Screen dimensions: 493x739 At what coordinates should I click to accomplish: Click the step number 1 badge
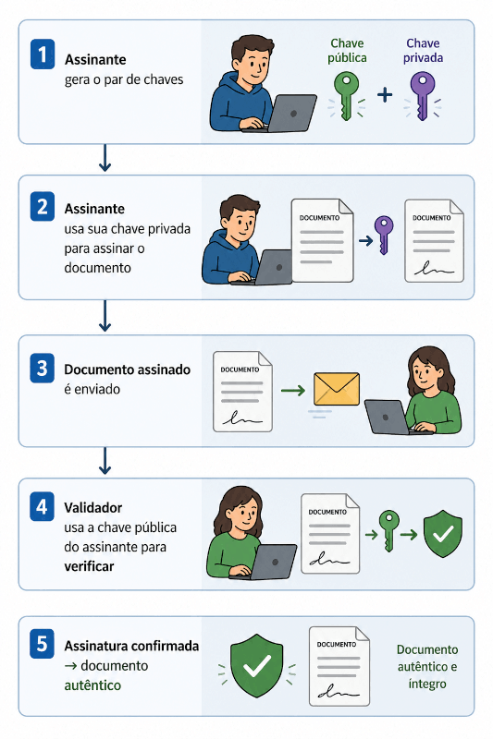pyautogui.click(x=43, y=55)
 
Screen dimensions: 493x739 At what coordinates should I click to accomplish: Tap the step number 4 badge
pyautogui.click(x=42, y=506)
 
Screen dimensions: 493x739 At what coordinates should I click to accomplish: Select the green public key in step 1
pyautogui.click(x=346, y=96)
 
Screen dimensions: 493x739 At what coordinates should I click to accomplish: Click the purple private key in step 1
pyautogui.click(x=422, y=96)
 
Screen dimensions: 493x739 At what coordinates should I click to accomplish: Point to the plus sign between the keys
pyautogui.click(x=385, y=95)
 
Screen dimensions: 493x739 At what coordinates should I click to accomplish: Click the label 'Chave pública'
pyautogui.click(x=347, y=51)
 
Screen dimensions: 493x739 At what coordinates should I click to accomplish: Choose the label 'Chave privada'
pyautogui.click(x=423, y=51)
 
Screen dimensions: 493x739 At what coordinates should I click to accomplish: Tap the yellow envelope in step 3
pyautogui.click(x=337, y=389)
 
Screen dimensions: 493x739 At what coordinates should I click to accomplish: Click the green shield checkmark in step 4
pyautogui.click(x=443, y=534)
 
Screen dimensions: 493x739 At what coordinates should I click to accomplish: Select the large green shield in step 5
pyautogui.click(x=256, y=665)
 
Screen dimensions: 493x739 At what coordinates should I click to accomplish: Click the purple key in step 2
pyautogui.click(x=384, y=235)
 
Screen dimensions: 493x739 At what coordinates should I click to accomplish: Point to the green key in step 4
pyautogui.click(x=389, y=530)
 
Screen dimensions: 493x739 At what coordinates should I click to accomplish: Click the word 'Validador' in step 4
pyautogui.click(x=92, y=507)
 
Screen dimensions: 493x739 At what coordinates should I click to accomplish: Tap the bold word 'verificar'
pyautogui.click(x=89, y=566)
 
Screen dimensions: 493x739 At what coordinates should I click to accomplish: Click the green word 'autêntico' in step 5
pyautogui.click(x=92, y=685)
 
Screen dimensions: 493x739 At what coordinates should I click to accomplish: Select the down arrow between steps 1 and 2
pyautogui.click(x=105, y=158)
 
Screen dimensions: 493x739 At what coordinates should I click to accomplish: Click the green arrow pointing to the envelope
pyautogui.click(x=293, y=390)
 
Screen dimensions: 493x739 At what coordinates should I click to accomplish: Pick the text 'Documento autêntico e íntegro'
pyautogui.click(x=427, y=666)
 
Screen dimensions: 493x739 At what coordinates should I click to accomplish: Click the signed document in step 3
pyautogui.click(x=242, y=391)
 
